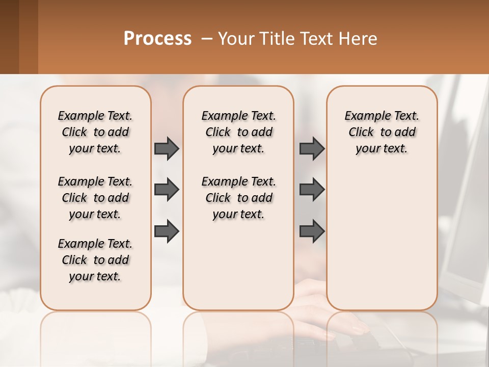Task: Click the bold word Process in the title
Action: click(x=157, y=39)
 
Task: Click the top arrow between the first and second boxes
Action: click(x=167, y=148)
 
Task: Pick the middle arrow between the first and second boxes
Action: click(x=167, y=190)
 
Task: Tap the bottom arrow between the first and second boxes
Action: click(x=167, y=231)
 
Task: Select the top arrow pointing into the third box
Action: click(x=312, y=148)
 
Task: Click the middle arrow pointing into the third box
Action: click(x=312, y=190)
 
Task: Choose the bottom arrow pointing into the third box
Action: click(x=312, y=231)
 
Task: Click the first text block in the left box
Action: click(x=95, y=132)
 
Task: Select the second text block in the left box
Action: click(x=95, y=198)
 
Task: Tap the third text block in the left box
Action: click(x=95, y=260)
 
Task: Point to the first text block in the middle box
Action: click(x=238, y=132)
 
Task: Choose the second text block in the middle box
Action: click(x=238, y=198)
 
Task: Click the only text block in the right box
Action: click(x=382, y=132)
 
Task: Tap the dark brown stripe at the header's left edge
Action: click(x=9, y=37)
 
